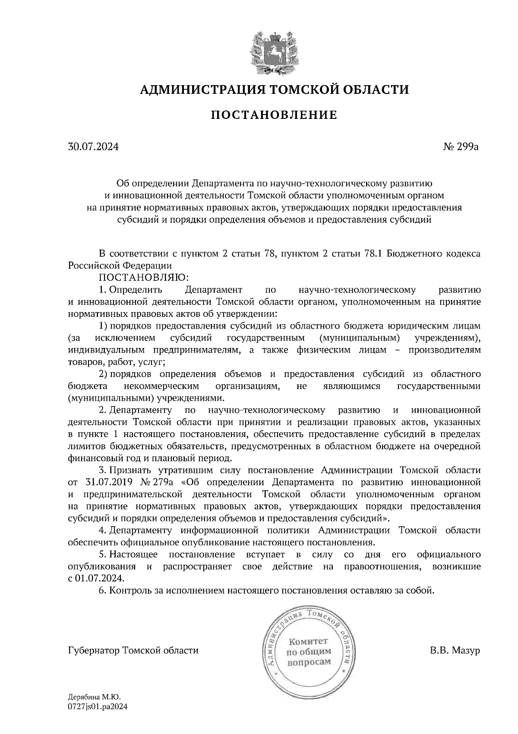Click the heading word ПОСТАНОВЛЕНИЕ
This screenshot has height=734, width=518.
(274, 115)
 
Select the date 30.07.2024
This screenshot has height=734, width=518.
(93, 147)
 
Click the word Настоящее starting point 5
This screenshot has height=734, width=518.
(133, 554)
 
